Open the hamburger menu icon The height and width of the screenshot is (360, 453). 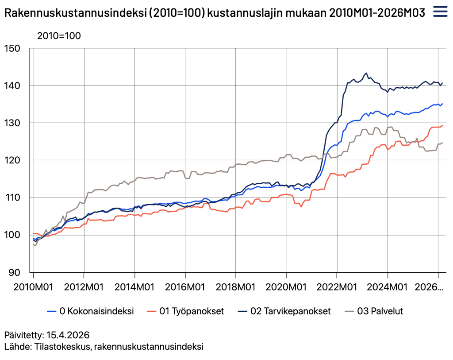click(x=441, y=12)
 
